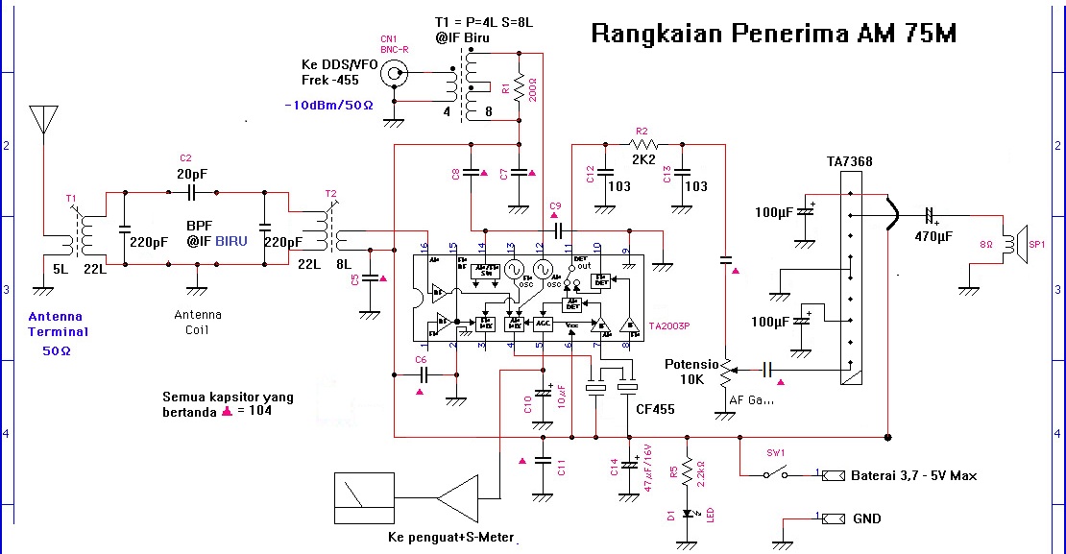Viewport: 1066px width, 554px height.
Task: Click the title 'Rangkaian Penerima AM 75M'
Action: click(773, 35)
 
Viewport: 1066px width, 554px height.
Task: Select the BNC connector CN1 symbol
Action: click(394, 72)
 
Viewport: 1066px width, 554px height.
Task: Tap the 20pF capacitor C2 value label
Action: click(193, 174)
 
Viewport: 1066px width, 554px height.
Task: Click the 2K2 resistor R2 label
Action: click(643, 159)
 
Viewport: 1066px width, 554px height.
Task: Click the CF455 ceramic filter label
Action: click(655, 410)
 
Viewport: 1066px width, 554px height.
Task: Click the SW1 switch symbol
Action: click(774, 472)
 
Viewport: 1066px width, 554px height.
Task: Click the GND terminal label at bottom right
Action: click(866, 518)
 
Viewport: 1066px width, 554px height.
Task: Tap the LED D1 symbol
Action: click(687, 513)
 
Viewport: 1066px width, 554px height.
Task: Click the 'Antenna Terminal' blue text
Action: click(58, 325)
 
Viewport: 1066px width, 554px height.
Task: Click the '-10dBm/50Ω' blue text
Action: click(328, 105)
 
